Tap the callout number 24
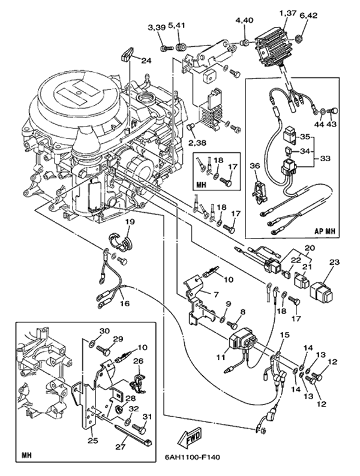146,60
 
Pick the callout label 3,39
156,28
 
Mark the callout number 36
254,165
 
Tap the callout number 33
326,159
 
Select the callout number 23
334,261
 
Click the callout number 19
130,221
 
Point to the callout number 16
124,304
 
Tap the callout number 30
104,330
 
